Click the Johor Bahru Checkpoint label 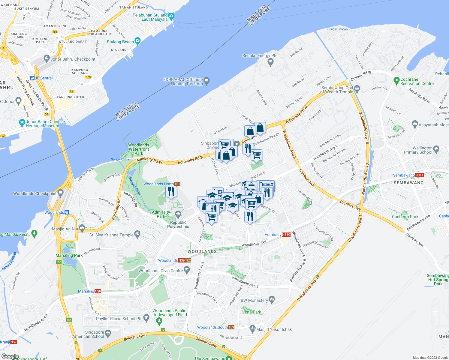[x=73, y=59]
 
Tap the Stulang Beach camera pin [x=137, y=41]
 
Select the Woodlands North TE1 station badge [x=177, y=184]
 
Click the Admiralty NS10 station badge [x=286, y=235]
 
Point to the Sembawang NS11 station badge [x=419, y=175]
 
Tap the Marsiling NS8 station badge [x=98, y=291]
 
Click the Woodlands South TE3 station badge [x=231, y=327]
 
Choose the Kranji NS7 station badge [x=14, y=342]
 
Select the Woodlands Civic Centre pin [x=187, y=270]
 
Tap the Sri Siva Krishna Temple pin [x=137, y=235]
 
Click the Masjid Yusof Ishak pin [x=252, y=329]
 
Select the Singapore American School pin [x=108, y=333]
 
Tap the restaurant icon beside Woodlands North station [x=171, y=191]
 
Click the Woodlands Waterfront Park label [x=139, y=149]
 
